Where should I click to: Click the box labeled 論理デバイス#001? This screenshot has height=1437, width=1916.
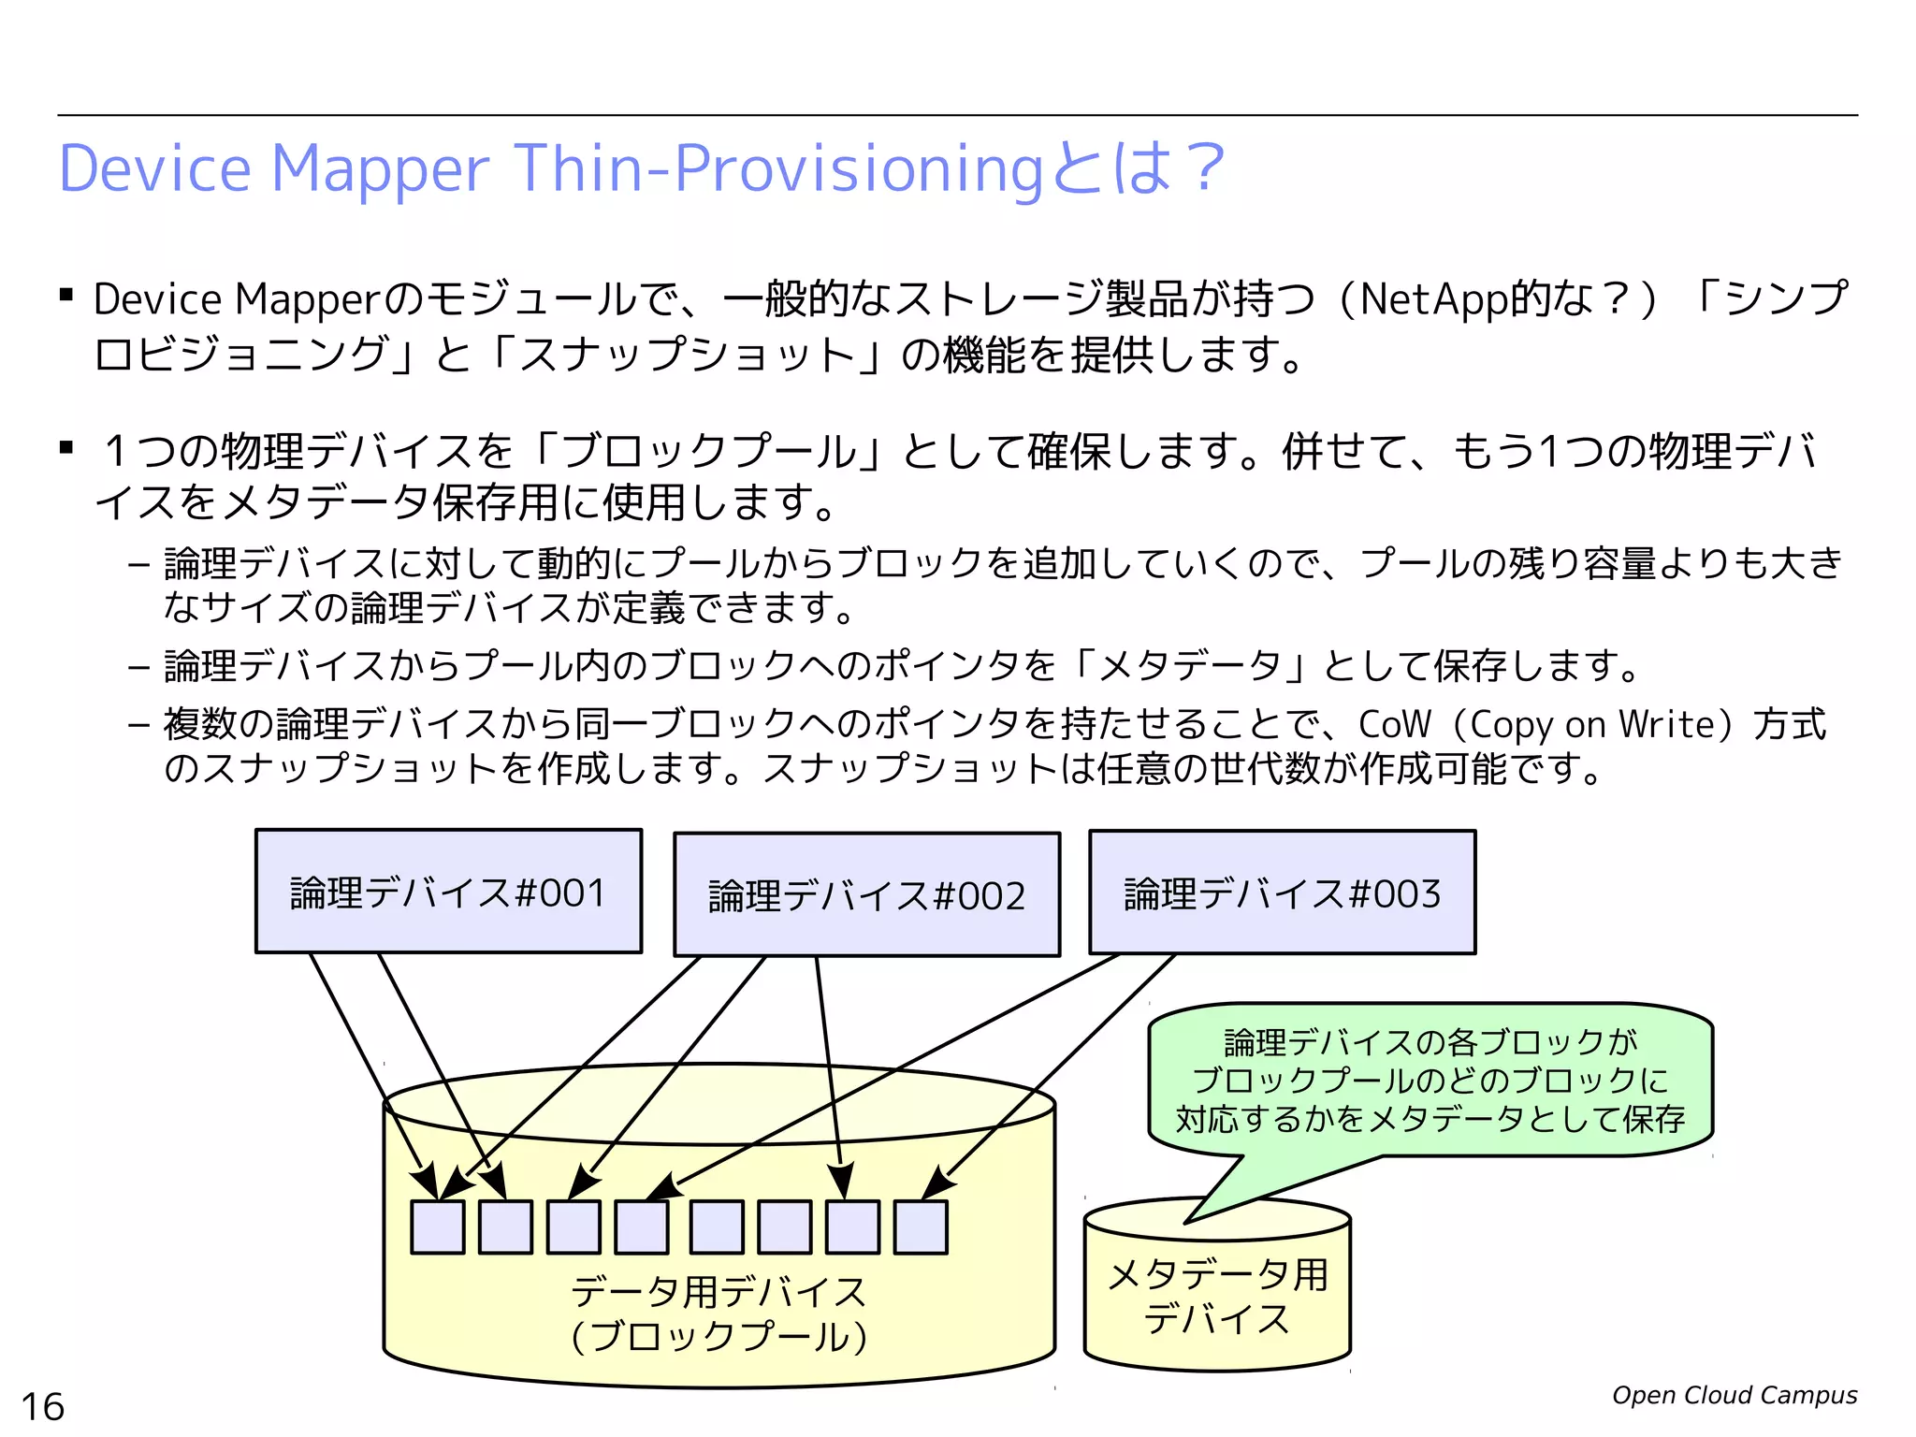(x=448, y=892)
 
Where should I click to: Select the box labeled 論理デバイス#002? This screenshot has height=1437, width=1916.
(x=866, y=894)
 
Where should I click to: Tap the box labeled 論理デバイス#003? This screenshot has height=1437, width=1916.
(x=1282, y=893)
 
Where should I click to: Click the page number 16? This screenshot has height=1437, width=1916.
(x=43, y=1406)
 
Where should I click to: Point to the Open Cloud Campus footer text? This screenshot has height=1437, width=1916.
(x=1734, y=1395)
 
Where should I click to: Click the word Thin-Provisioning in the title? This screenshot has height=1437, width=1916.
(x=777, y=169)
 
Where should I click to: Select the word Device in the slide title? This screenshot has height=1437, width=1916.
(x=155, y=169)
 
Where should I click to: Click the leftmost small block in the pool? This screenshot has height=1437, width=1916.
(x=438, y=1227)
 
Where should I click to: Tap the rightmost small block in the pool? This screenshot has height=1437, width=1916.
(x=921, y=1227)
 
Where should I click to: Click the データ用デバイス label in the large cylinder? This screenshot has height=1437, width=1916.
(x=718, y=1292)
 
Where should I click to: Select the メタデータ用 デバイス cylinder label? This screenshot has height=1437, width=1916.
(x=1217, y=1296)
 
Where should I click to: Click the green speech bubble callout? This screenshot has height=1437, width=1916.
(x=1430, y=1081)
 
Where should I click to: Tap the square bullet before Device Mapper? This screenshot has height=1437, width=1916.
(x=66, y=297)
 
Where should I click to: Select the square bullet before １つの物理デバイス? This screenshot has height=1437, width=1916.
(x=66, y=448)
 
